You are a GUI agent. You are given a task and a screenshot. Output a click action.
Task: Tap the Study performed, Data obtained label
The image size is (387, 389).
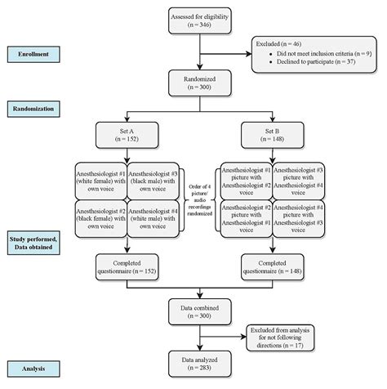coord(34,243)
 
